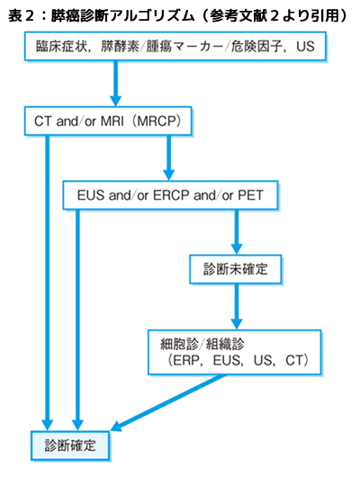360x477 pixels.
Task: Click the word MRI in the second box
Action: pos(112,121)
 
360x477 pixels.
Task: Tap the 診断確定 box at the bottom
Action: pos(70,445)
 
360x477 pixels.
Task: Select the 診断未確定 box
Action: pos(235,269)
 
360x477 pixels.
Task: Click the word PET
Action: pos(250,195)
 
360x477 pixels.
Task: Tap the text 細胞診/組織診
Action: pos(202,345)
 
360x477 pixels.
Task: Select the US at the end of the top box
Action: pos(305,47)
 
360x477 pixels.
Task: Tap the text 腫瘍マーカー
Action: pos(185,47)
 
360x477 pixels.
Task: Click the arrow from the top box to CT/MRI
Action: pos(115,83)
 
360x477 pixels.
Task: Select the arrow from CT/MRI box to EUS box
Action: pos(168,157)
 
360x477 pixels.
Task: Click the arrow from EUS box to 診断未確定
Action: pos(237,232)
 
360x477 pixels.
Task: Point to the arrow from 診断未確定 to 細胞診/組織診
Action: pos(237,307)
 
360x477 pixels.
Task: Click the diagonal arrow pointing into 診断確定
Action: pos(169,402)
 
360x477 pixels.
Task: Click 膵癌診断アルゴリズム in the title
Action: pos(123,15)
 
